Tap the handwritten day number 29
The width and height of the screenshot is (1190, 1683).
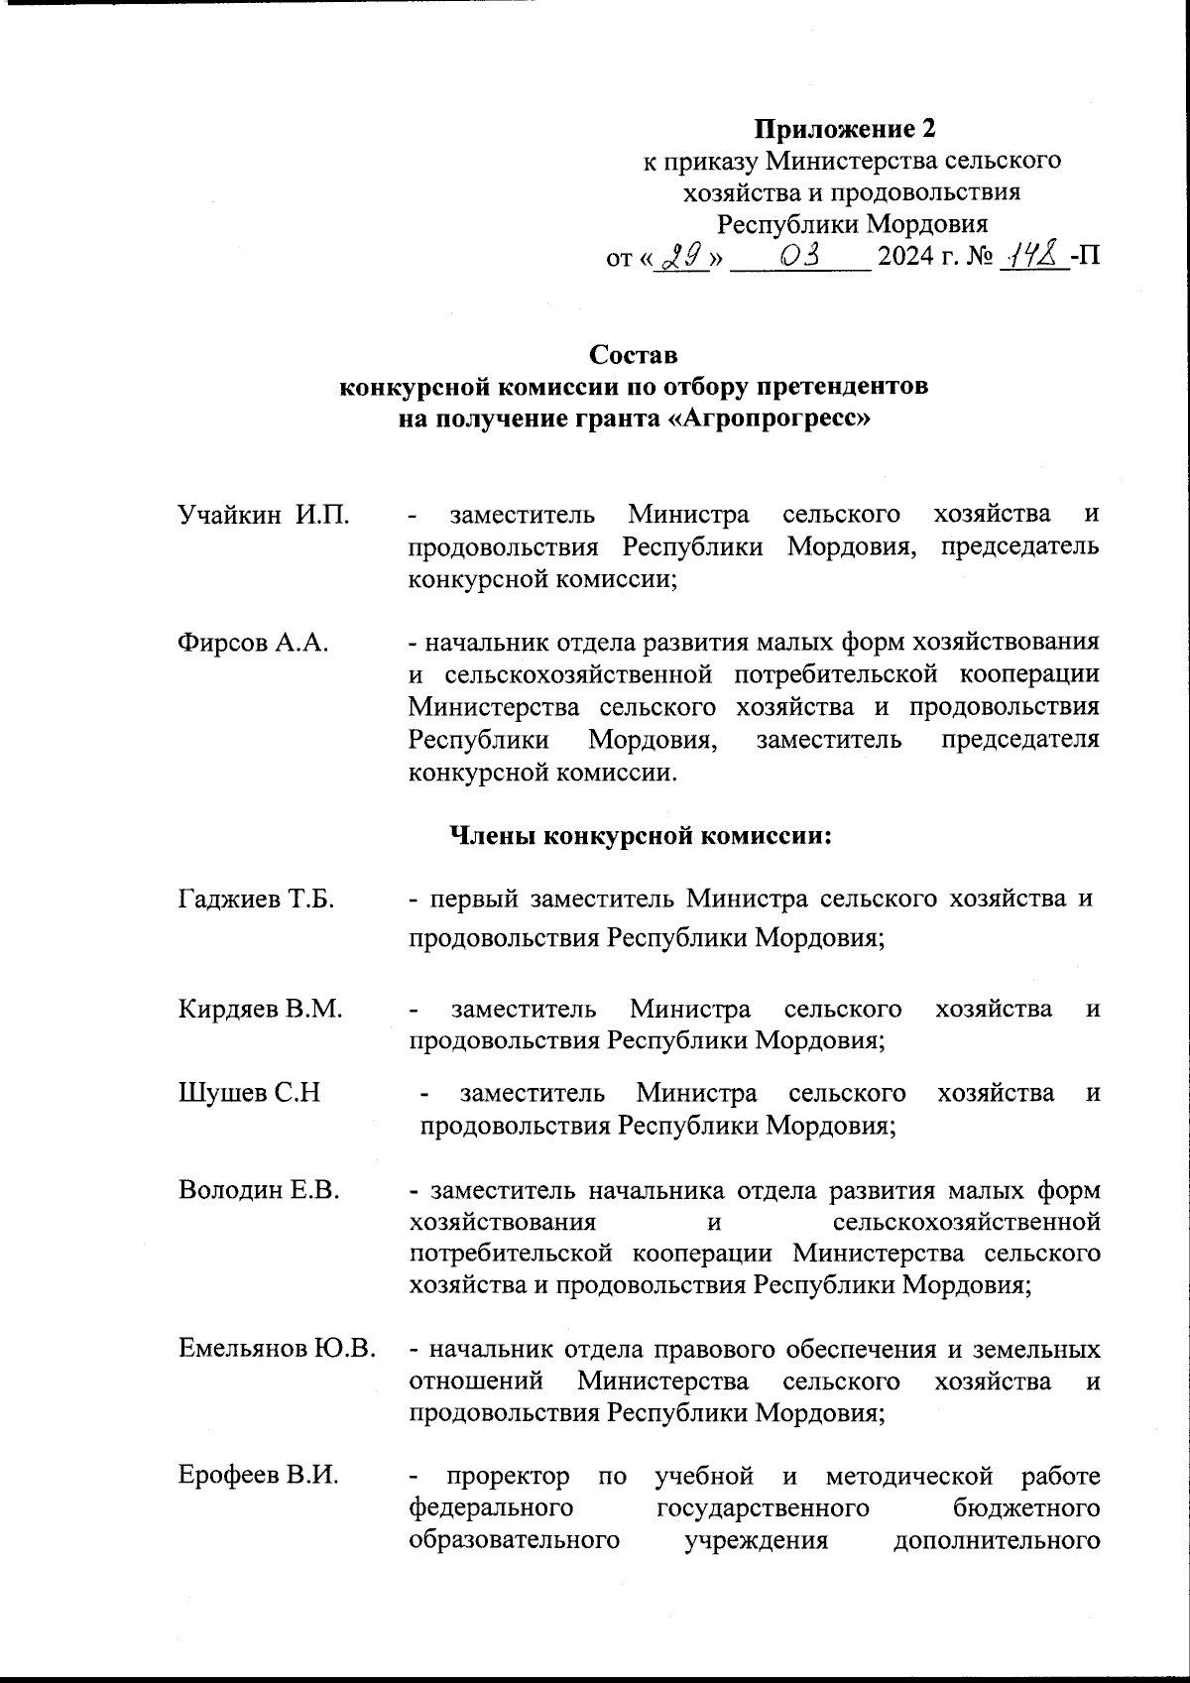point(682,257)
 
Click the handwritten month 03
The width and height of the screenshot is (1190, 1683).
point(799,257)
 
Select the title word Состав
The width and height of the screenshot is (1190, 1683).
point(634,354)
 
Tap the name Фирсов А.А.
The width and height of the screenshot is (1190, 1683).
point(253,643)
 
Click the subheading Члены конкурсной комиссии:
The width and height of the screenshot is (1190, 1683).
point(640,836)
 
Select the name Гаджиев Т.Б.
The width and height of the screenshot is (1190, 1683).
point(256,900)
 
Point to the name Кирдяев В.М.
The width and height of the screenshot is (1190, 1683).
point(260,1010)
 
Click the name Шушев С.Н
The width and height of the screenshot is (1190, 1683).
point(249,1093)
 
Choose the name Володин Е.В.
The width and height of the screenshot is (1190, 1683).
point(259,1190)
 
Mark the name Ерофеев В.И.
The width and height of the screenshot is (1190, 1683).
point(258,1476)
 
